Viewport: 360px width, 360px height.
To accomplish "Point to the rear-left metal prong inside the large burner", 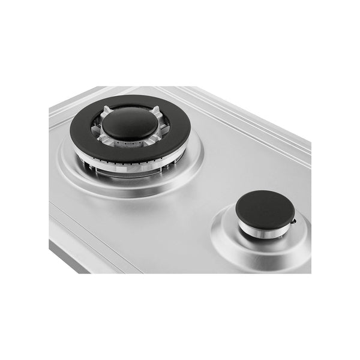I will [105, 112].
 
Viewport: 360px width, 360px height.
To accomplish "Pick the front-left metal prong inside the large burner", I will [103, 139].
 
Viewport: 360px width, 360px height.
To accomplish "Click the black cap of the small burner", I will [265, 206].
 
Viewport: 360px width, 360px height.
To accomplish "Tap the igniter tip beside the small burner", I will [293, 223].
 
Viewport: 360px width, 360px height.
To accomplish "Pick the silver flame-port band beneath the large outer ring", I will [129, 167].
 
